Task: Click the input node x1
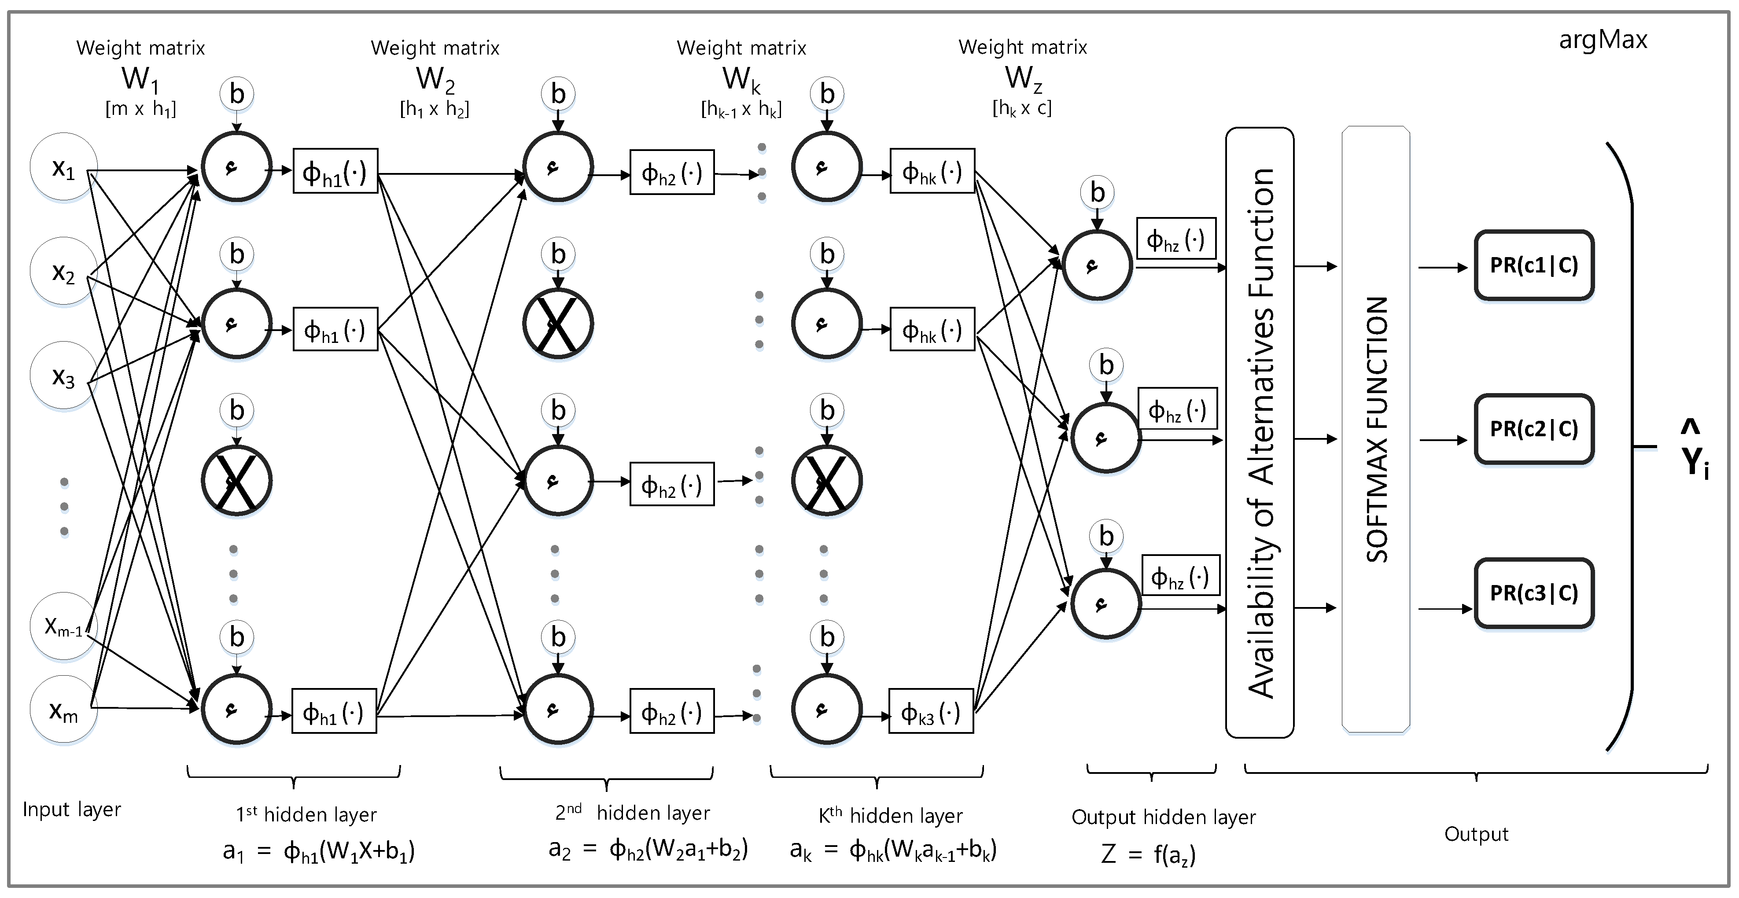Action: [63, 167]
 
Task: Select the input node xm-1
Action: [63, 626]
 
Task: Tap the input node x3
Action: [63, 376]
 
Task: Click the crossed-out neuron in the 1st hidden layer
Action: [236, 481]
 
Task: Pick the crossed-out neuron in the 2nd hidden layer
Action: [558, 324]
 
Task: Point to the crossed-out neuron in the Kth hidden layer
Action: [826, 481]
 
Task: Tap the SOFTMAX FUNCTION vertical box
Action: [1376, 430]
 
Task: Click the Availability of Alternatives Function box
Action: [1259, 432]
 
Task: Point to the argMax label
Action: [1603, 40]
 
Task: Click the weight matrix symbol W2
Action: [435, 79]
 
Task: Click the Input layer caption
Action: [72, 809]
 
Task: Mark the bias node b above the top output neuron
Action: [1097, 192]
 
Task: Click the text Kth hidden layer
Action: [891, 816]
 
